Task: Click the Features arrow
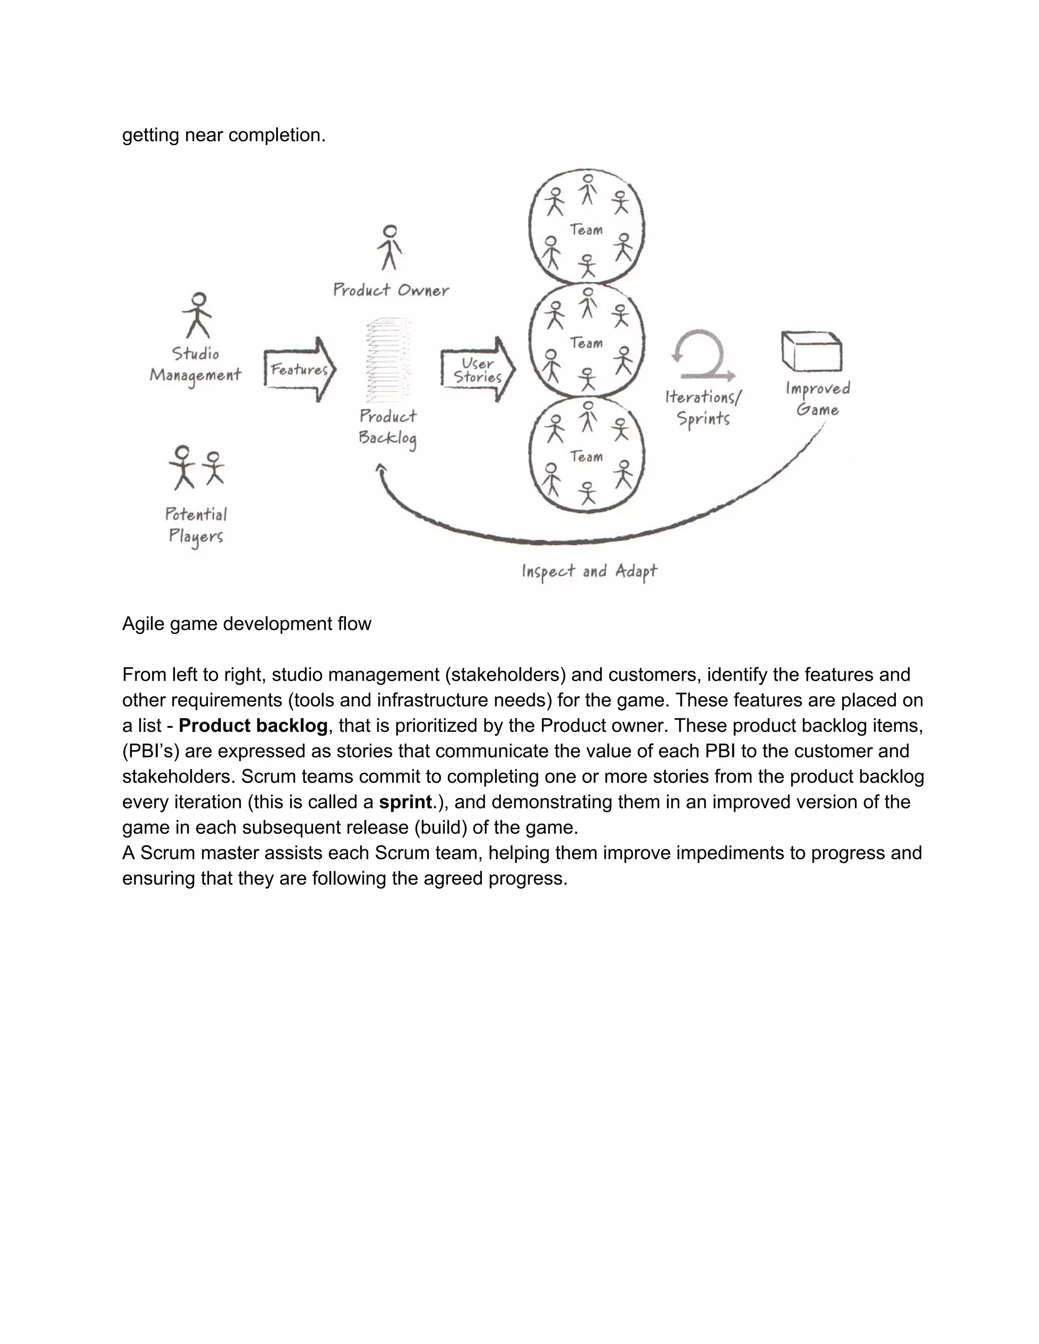[300, 369]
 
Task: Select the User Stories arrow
[477, 370]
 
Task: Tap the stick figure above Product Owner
[389, 247]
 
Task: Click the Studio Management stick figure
[197, 315]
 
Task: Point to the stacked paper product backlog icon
[388, 360]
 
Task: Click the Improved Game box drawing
[811, 351]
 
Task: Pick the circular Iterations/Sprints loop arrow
[702, 356]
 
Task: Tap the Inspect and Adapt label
[589, 572]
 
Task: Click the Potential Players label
[196, 525]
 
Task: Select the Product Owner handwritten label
[391, 290]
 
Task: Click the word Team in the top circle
[586, 230]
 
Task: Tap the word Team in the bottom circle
[586, 456]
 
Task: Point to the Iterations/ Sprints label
[704, 407]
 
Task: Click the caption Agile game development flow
[246, 624]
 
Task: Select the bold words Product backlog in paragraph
[253, 726]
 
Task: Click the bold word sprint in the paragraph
[405, 802]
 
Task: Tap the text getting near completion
[223, 135]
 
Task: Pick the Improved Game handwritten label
[818, 399]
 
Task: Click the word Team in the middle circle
[586, 343]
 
